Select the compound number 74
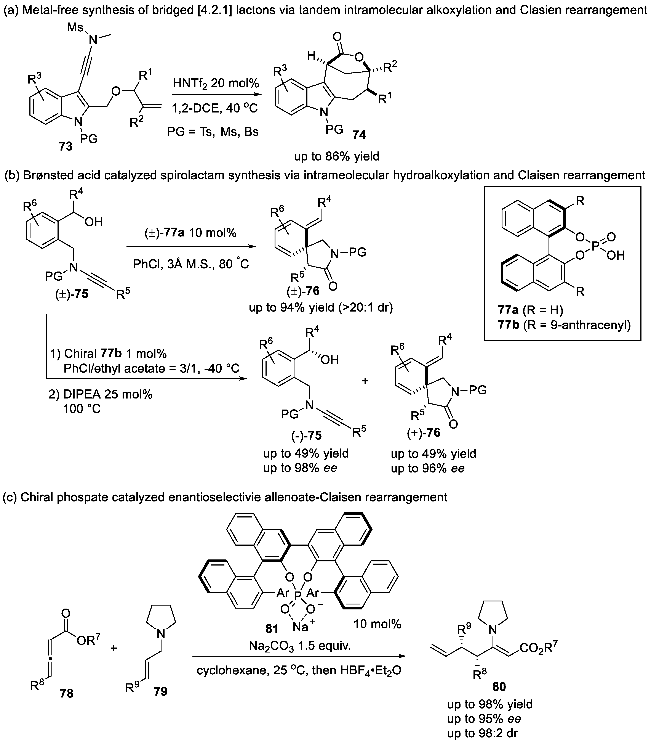pyautogui.click(x=359, y=135)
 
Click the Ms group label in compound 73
pyautogui.click(x=75, y=27)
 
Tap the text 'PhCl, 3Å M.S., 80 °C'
pyautogui.click(x=191, y=264)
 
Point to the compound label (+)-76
pyautogui.click(x=422, y=432)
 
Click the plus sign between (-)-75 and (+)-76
pyautogui.click(x=365, y=381)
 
